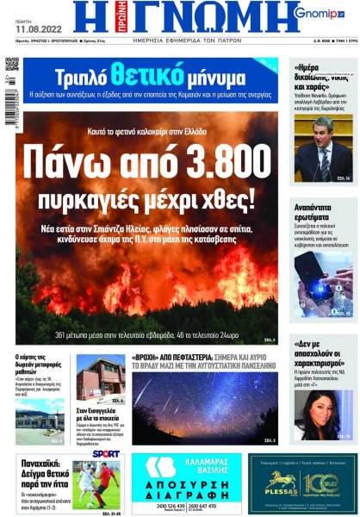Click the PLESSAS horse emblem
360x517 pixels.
pyautogui.click(x=281, y=478)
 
